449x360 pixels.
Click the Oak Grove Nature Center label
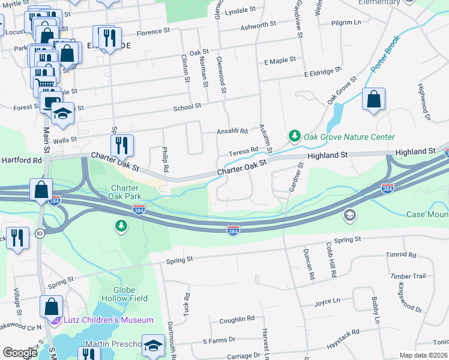[x=349, y=137]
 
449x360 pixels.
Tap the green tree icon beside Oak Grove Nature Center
[x=294, y=137]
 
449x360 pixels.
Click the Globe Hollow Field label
[x=127, y=293]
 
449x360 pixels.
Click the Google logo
[x=20, y=353]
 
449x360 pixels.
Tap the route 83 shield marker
[x=40, y=233]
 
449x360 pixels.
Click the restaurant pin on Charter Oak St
[x=122, y=145]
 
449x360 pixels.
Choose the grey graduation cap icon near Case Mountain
[x=349, y=214]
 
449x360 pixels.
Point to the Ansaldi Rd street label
[x=232, y=131]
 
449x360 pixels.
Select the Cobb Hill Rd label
[x=331, y=263]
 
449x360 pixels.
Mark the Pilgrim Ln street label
[x=348, y=23]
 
